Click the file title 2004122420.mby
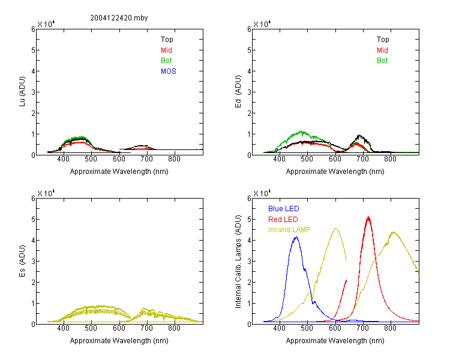click(x=119, y=18)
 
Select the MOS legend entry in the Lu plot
click(x=169, y=71)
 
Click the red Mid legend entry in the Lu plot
click(x=166, y=50)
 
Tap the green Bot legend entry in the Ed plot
click(x=382, y=61)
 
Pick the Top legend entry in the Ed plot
click(x=383, y=40)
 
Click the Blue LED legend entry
click(x=284, y=209)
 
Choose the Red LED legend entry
click(x=283, y=220)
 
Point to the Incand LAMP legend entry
click(x=289, y=230)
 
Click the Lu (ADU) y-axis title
click(x=22, y=92)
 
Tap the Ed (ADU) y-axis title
click(x=238, y=92)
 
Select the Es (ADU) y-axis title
click(x=22, y=261)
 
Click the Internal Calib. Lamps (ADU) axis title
click(x=238, y=262)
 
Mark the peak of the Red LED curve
click(x=368, y=217)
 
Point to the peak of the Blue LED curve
click(x=296, y=237)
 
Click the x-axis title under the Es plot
click(x=119, y=341)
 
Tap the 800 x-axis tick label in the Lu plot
click(x=174, y=159)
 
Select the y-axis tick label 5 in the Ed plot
click(x=249, y=50)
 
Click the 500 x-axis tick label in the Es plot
click(x=91, y=328)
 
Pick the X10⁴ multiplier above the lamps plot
click(x=262, y=193)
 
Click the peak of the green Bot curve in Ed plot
click(x=301, y=131)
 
